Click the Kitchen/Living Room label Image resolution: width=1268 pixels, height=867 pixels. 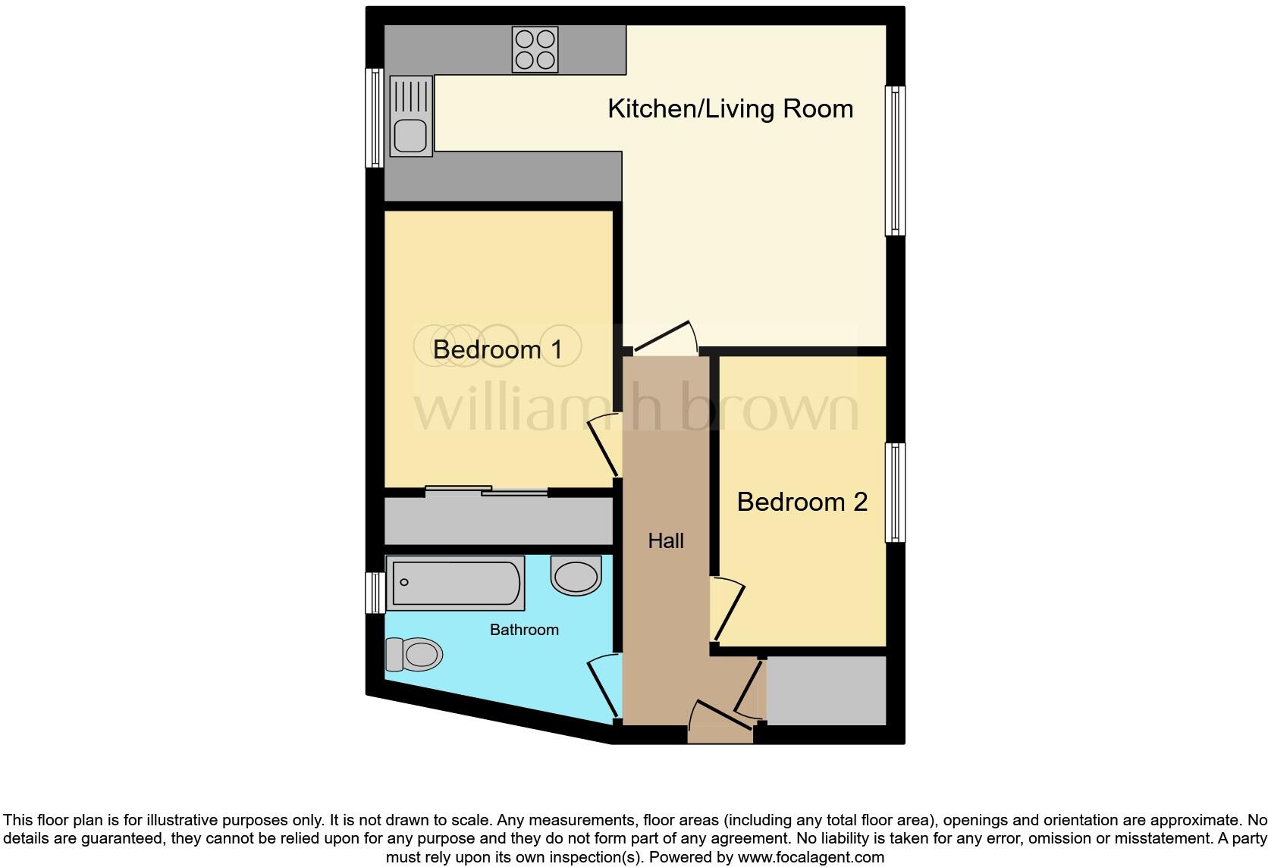pos(730,108)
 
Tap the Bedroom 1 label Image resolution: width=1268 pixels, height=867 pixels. pos(497,349)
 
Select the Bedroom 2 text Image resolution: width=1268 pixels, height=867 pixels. pos(802,502)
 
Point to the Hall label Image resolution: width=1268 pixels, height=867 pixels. pos(666,540)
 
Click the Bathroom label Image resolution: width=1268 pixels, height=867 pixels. pos(524,630)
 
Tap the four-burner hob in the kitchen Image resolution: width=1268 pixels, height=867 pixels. pos(535,49)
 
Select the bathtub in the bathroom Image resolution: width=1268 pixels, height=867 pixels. pos(454,583)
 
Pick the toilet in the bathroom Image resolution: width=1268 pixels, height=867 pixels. pos(414,654)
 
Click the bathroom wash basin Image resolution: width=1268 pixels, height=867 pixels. pos(576,576)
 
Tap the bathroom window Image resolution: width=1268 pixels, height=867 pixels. pos(374,593)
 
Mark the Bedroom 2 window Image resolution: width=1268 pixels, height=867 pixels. pos(896,493)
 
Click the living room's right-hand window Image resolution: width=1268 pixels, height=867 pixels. pos(896,160)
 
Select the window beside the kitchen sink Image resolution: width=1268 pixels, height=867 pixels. pos(374,117)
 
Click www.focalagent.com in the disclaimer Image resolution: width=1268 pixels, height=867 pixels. pos(811,857)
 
